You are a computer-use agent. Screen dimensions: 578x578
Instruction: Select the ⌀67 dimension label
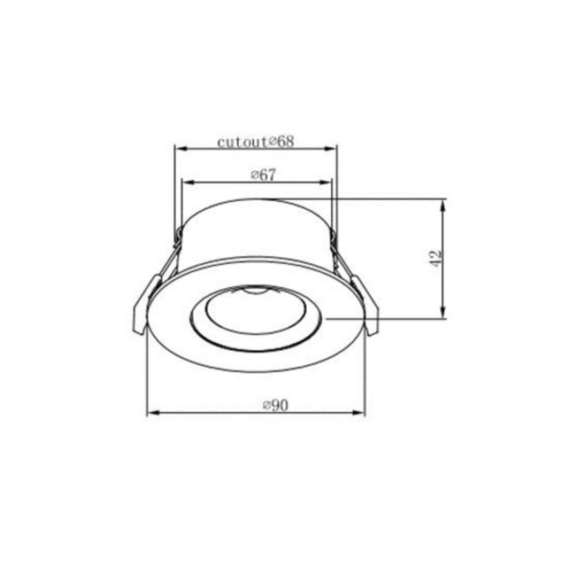[262, 175]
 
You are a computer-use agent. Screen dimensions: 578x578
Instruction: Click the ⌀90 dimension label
[275, 406]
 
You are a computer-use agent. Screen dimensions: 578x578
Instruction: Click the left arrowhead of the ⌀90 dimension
[152, 413]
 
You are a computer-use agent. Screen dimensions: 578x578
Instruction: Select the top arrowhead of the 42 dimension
[443, 204]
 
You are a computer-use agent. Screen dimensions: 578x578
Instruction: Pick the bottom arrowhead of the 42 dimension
[443, 313]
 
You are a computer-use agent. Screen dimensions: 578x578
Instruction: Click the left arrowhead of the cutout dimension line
[179, 149]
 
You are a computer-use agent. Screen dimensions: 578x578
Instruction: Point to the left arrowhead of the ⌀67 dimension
[186, 182]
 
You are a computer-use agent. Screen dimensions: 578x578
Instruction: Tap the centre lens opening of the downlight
[254, 315]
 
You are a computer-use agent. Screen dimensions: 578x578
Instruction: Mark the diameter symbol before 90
[266, 406]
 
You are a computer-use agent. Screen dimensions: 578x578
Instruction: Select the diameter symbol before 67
[254, 176]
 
